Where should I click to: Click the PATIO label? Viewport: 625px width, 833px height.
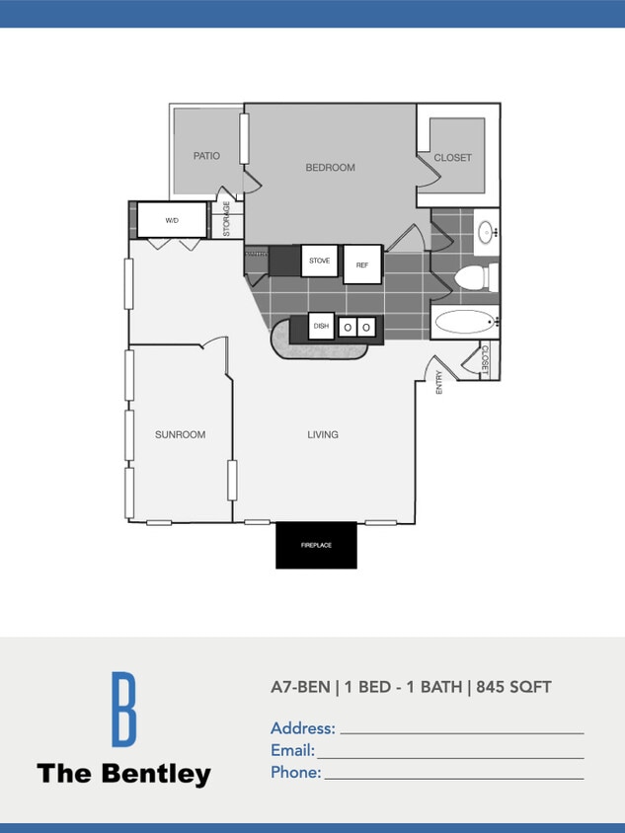pyautogui.click(x=206, y=156)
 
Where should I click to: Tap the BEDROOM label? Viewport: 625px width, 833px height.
pyautogui.click(x=330, y=168)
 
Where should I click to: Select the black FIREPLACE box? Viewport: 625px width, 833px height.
pyautogui.click(x=316, y=545)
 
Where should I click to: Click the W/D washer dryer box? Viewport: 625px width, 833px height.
pyautogui.click(x=172, y=220)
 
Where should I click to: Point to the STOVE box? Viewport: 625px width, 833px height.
pyautogui.click(x=320, y=261)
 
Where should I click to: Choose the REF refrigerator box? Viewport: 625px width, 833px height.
pyautogui.click(x=362, y=265)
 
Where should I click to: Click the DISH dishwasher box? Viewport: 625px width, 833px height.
pyautogui.click(x=321, y=326)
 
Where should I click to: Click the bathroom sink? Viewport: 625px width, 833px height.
pyautogui.click(x=487, y=232)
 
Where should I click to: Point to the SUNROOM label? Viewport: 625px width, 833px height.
pyautogui.click(x=180, y=434)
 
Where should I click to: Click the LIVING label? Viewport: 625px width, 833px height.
pyautogui.click(x=323, y=434)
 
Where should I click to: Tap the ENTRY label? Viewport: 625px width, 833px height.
pyautogui.click(x=439, y=382)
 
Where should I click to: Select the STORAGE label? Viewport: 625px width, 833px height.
pyautogui.click(x=226, y=219)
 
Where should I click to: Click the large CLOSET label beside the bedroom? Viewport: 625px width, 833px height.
pyautogui.click(x=452, y=158)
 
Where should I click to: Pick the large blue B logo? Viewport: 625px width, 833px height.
pyautogui.click(x=122, y=709)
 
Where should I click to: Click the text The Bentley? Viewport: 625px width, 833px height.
pyautogui.click(x=123, y=774)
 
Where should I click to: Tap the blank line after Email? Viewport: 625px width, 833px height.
pyautogui.click(x=450, y=756)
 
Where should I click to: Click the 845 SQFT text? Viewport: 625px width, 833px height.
pyautogui.click(x=513, y=687)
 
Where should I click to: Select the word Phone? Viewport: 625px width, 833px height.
pyautogui.click(x=295, y=773)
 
